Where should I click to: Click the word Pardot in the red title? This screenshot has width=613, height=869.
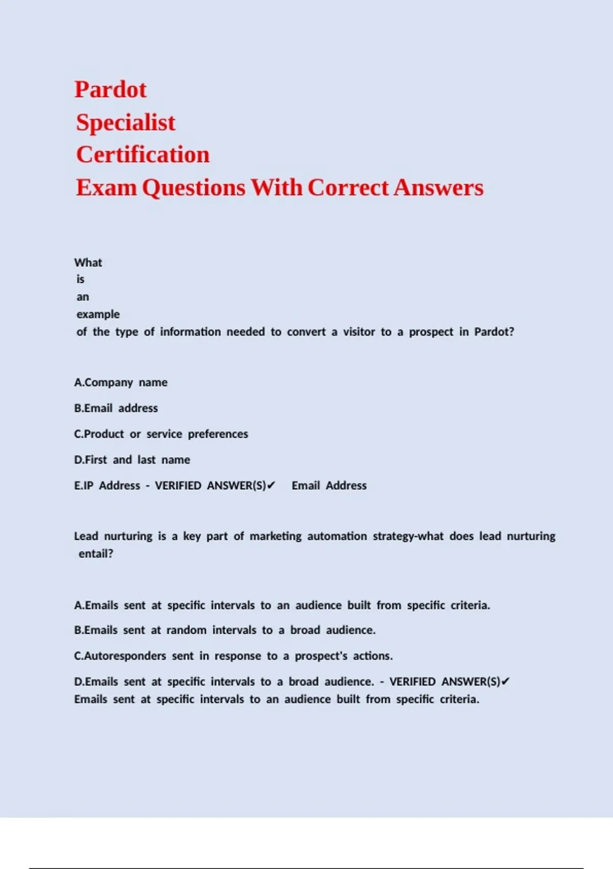tap(110, 89)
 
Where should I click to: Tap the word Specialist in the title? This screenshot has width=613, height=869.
tap(126, 123)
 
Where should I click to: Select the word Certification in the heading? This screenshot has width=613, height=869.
tap(143, 155)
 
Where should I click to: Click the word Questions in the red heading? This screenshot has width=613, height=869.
tap(194, 188)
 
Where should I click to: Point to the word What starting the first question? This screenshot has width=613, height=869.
tap(88, 263)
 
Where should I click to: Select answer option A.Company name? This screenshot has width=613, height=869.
tap(121, 382)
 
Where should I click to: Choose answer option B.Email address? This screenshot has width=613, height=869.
tap(116, 408)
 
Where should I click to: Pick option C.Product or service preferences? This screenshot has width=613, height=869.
tap(161, 434)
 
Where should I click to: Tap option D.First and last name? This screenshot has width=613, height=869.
tap(132, 460)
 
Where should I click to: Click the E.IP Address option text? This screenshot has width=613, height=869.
tap(107, 486)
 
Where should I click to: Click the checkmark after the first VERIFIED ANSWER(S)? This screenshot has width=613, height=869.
tap(271, 485)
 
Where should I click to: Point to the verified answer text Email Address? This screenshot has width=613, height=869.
tap(329, 486)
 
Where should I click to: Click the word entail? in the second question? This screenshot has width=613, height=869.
tap(96, 554)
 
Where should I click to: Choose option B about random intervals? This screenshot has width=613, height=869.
tap(225, 630)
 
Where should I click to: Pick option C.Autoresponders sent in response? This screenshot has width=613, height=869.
tap(233, 656)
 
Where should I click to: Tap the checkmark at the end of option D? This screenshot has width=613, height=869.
tap(506, 681)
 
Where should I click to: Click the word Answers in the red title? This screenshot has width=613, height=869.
tap(438, 188)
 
